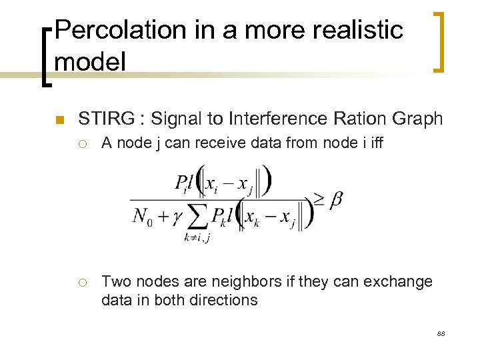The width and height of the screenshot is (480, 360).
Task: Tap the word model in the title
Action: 90,62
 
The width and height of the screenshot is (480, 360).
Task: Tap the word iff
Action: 375,143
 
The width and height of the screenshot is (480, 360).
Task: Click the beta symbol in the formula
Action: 335,199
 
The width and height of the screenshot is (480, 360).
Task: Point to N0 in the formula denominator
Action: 143,216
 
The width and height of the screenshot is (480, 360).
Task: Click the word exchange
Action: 397,282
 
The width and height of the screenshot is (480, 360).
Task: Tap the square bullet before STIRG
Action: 59,120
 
